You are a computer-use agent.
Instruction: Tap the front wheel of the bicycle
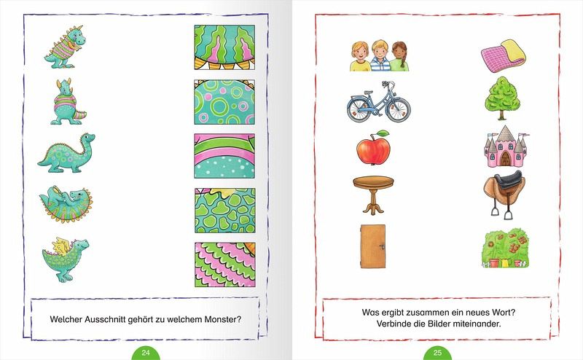tap(398, 108)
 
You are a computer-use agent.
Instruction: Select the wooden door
tap(373, 246)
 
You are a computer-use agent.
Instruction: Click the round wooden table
tap(373, 195)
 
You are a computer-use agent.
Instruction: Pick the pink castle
tap(506, 146)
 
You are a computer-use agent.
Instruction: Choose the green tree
tap(502, 98)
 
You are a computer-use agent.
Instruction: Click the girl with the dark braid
tap(399, 57)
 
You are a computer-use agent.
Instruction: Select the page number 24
tap(146, 353)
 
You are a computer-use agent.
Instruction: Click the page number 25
tap(437, 353)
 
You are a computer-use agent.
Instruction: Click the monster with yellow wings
tap(66, 259)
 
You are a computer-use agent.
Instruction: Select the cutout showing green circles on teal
tap(224, 102)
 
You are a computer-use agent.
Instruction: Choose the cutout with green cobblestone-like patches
tap(224, 211)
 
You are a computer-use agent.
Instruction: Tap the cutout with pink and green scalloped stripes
tap(224, 265)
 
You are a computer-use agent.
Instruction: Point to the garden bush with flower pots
tap(505, 248)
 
